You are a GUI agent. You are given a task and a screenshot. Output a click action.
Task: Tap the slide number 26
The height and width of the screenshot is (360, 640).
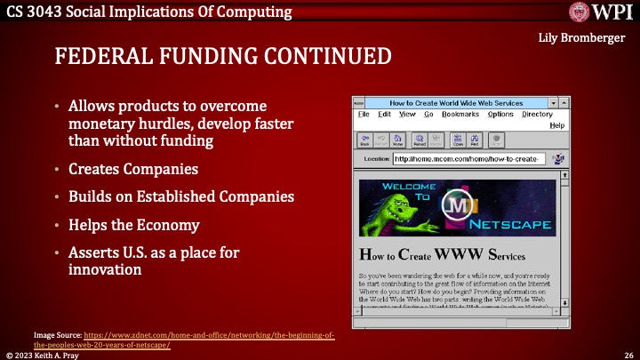click(628, 354)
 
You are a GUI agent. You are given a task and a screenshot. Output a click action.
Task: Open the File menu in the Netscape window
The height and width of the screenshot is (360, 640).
click(364, 114)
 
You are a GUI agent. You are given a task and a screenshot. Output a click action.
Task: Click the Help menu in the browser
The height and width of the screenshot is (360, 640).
click(557, 125)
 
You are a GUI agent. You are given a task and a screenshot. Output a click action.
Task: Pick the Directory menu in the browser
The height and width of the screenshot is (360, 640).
click(537, 114)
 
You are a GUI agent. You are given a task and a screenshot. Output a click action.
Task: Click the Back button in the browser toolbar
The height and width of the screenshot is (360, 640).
click(364, 140)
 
